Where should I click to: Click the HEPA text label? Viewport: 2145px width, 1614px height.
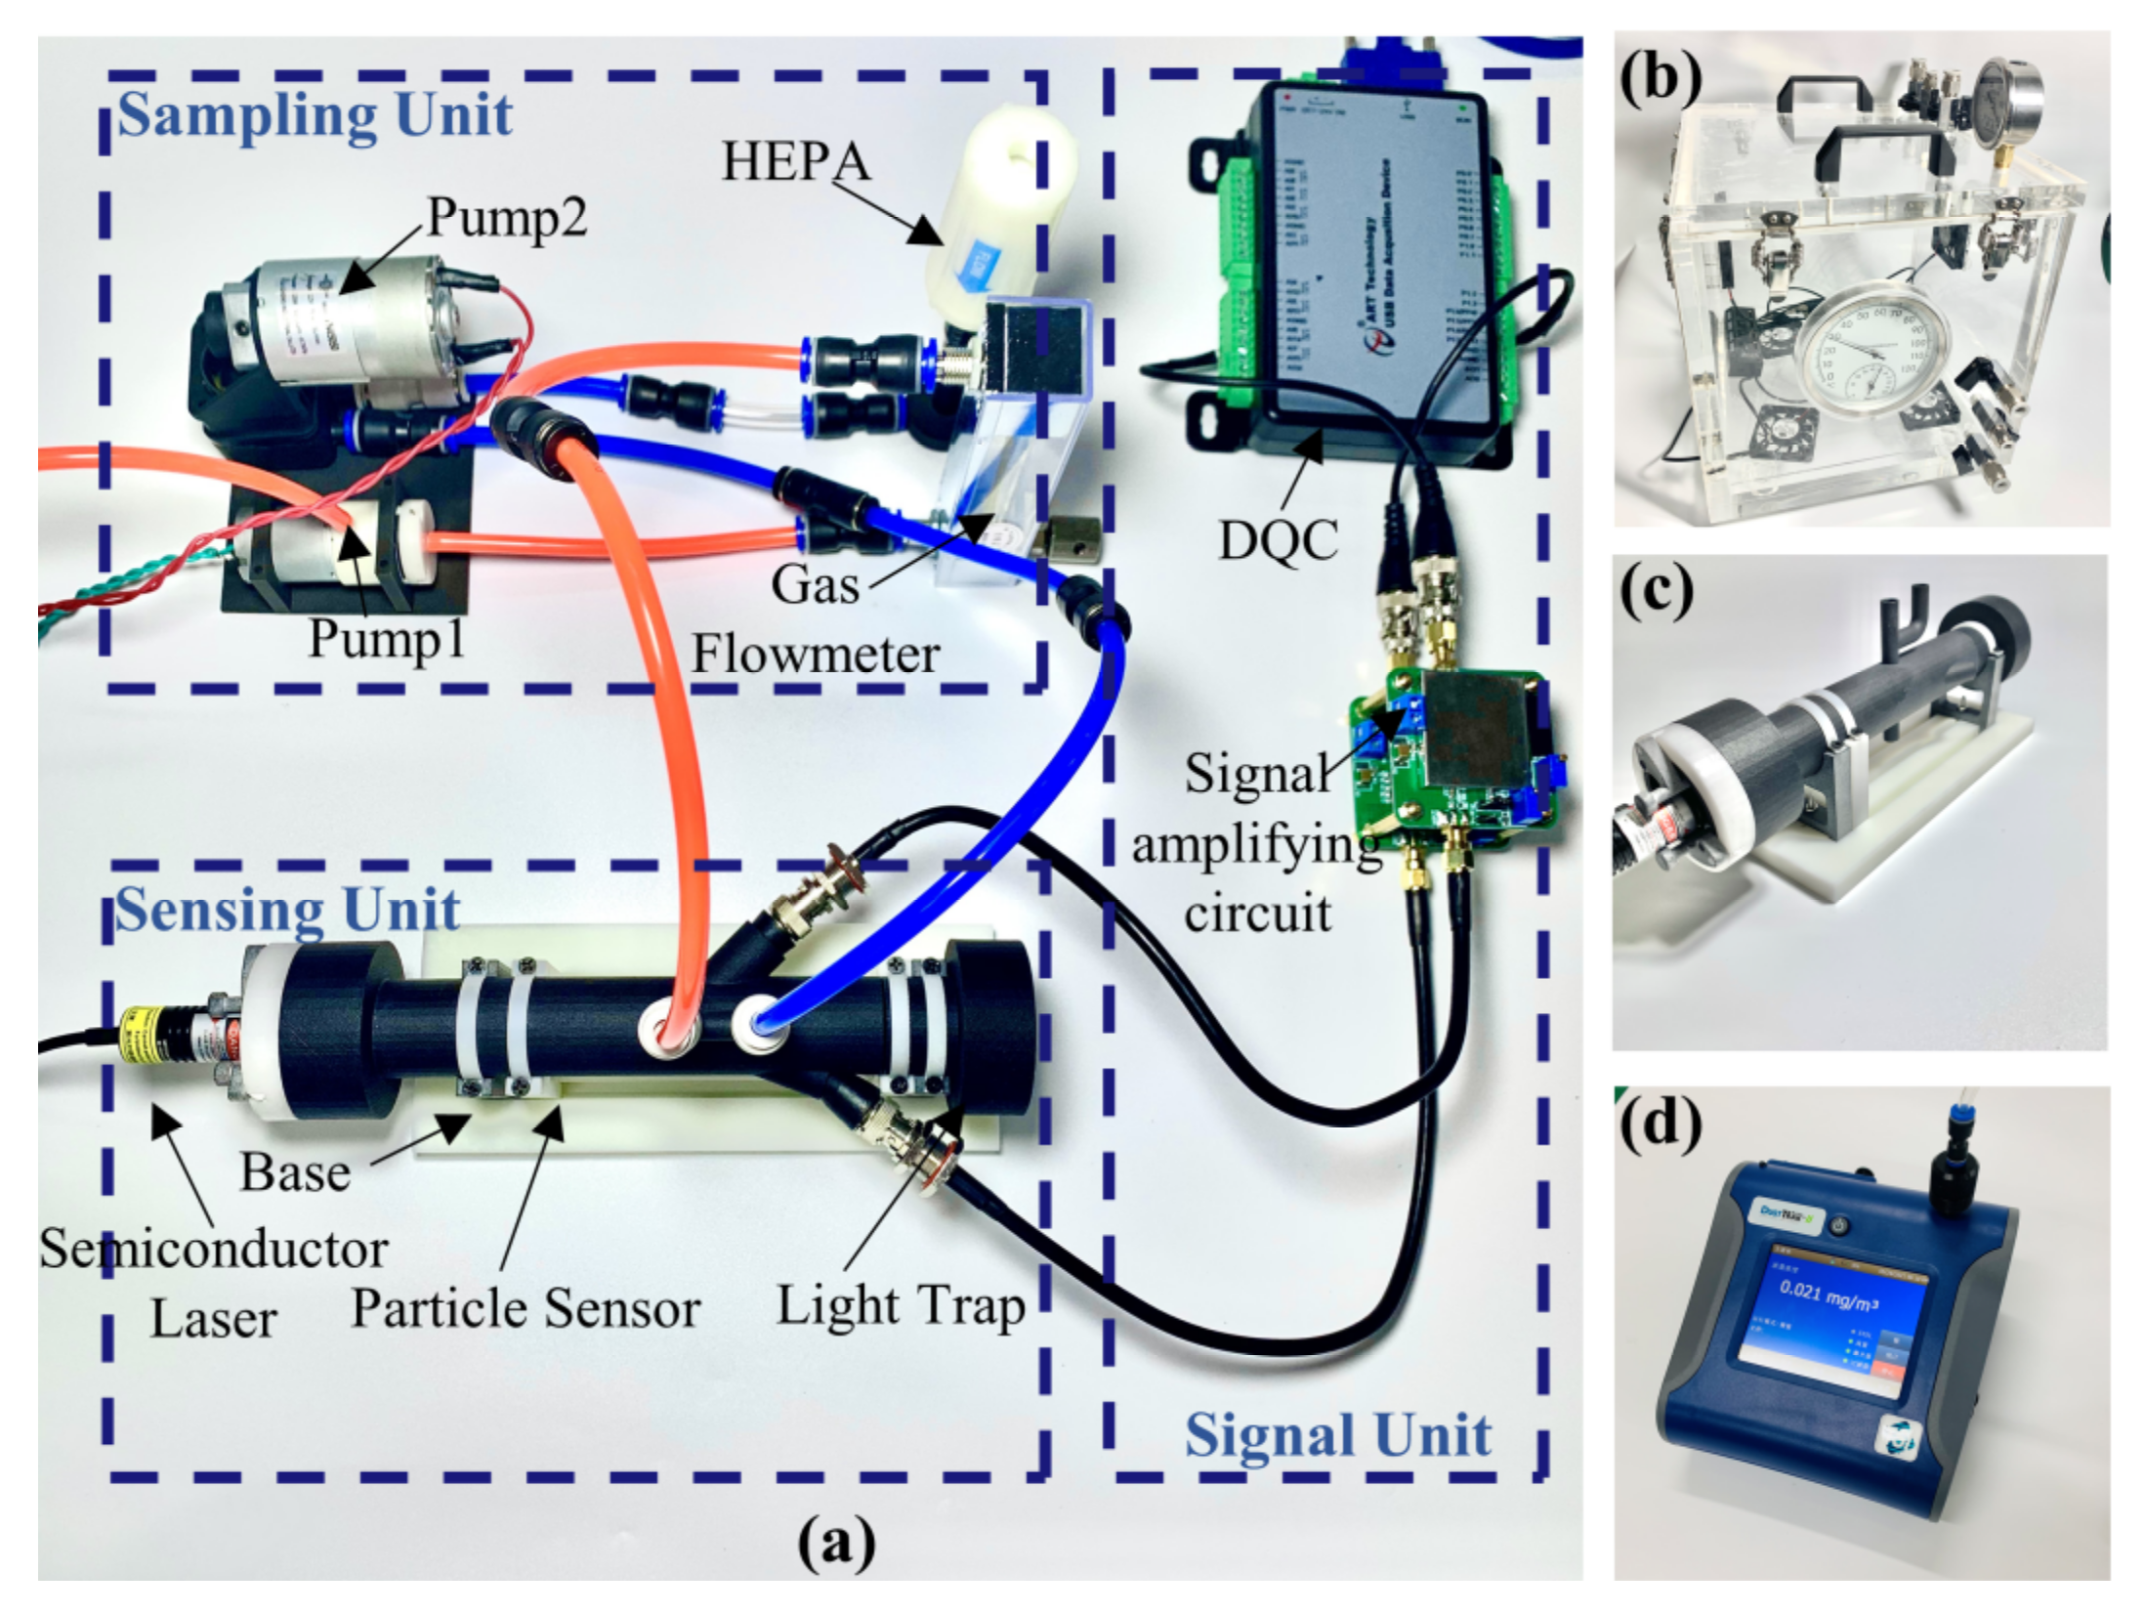tap(795, 161)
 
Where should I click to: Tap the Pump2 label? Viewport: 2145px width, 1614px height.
tap(507, 217)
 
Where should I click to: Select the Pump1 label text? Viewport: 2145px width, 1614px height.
tap(387, 639)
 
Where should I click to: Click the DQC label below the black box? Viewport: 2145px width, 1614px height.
tap(1278, 539)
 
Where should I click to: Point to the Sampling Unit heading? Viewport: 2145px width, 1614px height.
tap(315, 115)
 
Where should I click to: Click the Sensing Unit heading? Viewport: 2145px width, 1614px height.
tap(287, 911)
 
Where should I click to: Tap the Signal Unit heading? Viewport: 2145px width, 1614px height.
tap(1337, 1435)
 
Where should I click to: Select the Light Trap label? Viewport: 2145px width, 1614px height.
tap(900, 1306)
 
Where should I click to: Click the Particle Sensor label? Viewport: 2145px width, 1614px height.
tap(526, 1308)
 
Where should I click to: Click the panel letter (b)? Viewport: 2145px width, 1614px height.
tap(1660, 78)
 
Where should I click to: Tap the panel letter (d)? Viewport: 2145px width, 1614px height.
tap(1660, 1123)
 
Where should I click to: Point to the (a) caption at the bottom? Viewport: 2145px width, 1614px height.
tap(836, 1543)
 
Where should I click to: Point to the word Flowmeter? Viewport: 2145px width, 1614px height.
tap(816, 655)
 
